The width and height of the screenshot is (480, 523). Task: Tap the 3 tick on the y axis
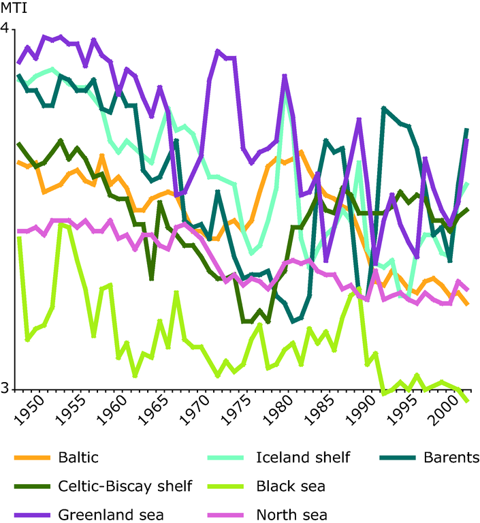(x=6, y=389)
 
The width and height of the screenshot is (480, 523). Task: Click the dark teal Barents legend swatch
(x=395, y=457)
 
